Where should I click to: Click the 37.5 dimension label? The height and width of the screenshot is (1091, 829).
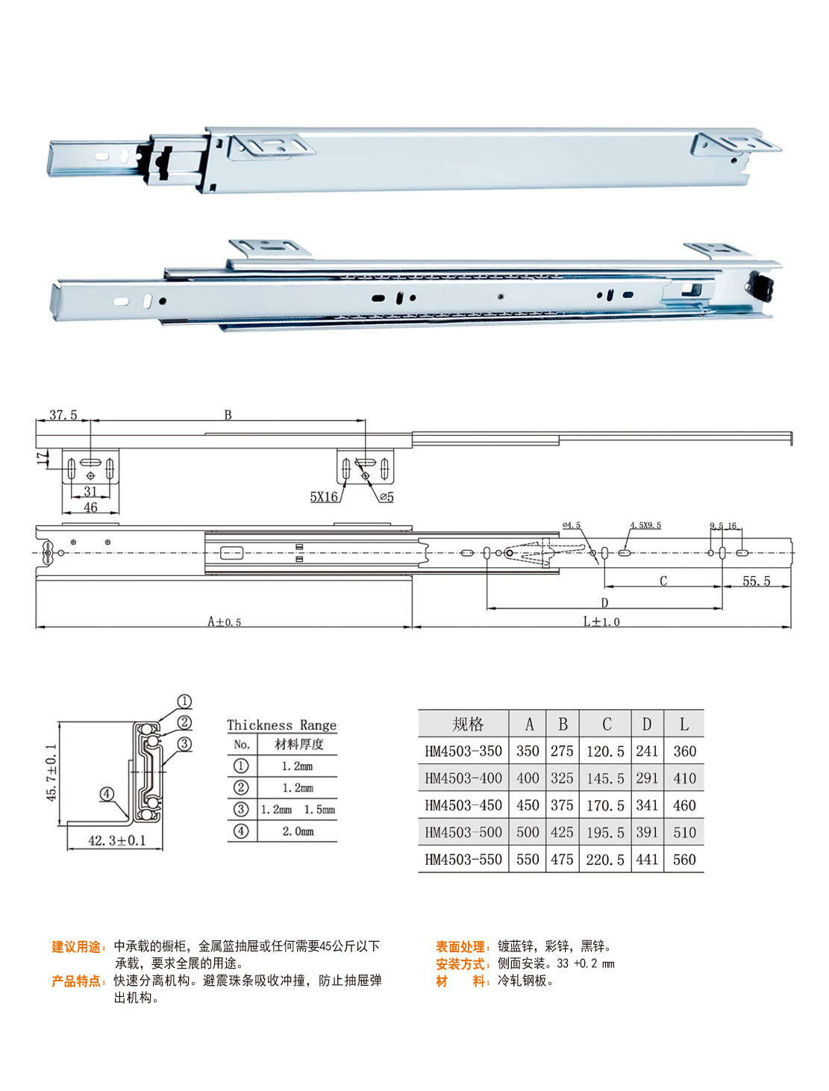coord(63,414)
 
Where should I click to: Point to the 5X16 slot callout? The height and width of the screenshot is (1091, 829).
coord(324,496)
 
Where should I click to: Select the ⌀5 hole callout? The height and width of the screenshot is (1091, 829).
coord(387,496)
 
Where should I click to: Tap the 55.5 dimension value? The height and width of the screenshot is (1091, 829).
coord(757,581)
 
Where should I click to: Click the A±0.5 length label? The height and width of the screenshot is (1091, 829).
coord(224,622)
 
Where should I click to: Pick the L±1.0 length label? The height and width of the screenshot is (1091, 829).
coord(601,622)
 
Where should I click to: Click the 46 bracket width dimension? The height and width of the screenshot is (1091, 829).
coord(90,507)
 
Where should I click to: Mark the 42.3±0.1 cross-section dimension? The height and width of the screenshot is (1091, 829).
coord(117,840)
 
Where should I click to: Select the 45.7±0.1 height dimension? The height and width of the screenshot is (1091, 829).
coord(51,772)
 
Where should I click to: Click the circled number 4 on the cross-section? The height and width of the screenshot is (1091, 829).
coord(107,794)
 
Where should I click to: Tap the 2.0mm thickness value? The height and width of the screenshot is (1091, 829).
coord(298,831)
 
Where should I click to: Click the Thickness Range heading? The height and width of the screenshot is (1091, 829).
coord(282,725)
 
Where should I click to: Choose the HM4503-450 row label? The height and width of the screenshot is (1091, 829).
coord(463,804)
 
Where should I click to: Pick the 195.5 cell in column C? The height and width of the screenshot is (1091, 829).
coord(605,832)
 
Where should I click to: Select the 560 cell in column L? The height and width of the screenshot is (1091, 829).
coord(684,860)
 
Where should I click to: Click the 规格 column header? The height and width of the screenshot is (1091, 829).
coord(468,724)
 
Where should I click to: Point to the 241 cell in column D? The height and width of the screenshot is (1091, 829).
coord(647,751)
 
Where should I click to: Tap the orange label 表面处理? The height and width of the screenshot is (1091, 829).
coord(460,946)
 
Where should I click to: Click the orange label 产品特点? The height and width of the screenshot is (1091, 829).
coord(76,981)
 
